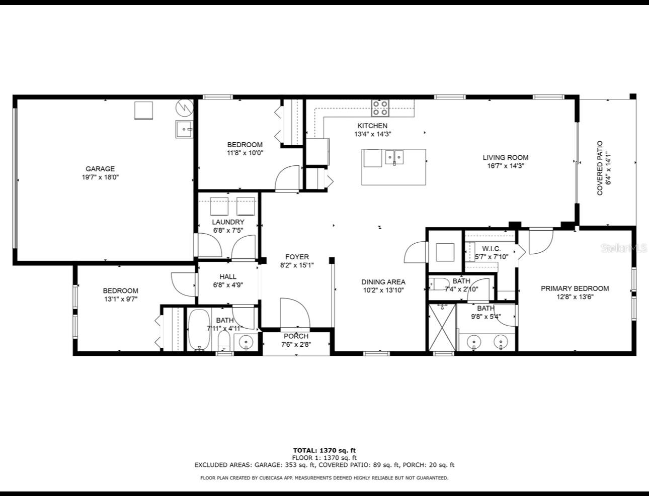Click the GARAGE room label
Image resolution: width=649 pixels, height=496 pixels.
click(100, 169)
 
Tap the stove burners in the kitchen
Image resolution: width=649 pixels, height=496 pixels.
click(380, 108)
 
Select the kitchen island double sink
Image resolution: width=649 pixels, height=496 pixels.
click(395, 157)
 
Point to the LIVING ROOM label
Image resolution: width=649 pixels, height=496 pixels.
click(506, 157)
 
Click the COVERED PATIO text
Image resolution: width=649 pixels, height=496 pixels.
click(600, 168)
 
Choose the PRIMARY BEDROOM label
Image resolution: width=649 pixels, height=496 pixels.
click(575, 288)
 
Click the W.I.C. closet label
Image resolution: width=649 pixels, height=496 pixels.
click(491, 249)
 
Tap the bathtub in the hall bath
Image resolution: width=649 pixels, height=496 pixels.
click(200, 329)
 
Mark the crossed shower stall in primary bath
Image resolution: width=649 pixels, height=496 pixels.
click(442, 328)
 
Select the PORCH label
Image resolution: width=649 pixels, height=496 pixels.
click(296, 336)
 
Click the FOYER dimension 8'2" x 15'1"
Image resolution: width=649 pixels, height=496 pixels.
click(297, 265)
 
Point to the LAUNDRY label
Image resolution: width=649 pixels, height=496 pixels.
click(228, 222)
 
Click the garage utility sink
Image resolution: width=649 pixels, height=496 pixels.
click(184, 129)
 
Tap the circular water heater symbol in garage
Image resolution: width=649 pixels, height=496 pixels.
click(184, 107)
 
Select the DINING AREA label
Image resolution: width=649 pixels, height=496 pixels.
click(383, 282)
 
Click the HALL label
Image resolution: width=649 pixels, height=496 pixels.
click(227, 276)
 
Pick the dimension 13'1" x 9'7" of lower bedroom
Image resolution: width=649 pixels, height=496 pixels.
click(121, 299)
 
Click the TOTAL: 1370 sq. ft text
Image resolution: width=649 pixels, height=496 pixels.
click(324, 450)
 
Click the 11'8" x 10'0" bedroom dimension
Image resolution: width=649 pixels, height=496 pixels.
click(245, 153)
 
